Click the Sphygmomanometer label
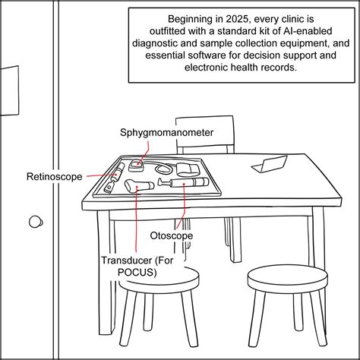[x=166, y=132]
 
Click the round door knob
[x=35, y=222]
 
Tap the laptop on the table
[x=270, y=163]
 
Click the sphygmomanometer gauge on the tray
[x=137, y=164]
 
